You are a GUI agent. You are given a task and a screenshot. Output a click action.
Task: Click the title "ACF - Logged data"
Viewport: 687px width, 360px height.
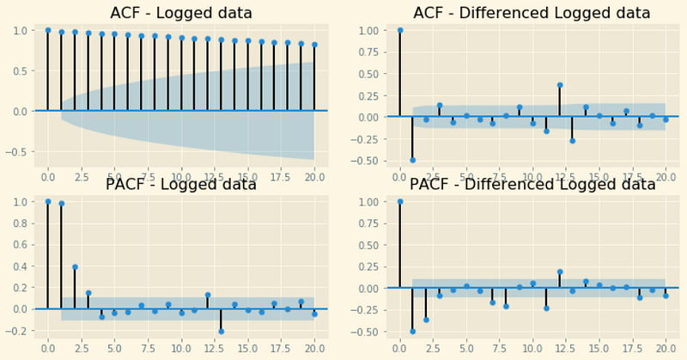[181, 13]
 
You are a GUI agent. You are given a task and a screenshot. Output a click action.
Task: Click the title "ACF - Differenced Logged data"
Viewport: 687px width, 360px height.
[532, 13]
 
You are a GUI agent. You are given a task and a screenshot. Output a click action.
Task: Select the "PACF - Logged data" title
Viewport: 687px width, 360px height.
[181, 184]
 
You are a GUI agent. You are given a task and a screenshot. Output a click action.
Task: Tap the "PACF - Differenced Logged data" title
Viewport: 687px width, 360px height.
[532, 184]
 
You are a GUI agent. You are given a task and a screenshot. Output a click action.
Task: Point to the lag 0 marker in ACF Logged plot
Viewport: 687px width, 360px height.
[48, 30]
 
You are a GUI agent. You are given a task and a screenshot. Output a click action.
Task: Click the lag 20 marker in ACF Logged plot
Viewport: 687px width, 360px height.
[314, 45]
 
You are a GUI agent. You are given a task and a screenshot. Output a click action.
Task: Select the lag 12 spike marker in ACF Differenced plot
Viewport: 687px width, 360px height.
[560, 85]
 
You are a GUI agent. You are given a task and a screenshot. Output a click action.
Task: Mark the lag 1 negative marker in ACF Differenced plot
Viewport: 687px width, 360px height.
[413, 160]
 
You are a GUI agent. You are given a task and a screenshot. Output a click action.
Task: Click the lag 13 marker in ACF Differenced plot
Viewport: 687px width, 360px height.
[572, 141]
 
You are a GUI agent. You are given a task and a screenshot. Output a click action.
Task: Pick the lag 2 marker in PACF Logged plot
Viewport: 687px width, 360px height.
[75, 267]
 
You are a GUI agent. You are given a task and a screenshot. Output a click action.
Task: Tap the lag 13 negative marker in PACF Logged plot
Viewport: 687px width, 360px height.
[222, 332]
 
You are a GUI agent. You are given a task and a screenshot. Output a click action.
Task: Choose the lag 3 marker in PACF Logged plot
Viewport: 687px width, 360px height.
[88, 293]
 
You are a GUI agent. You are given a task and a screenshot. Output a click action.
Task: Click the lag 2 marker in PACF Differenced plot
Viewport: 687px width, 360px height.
[426, 320]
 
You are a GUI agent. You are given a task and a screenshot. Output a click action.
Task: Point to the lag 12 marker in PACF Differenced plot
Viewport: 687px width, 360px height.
[560, 272]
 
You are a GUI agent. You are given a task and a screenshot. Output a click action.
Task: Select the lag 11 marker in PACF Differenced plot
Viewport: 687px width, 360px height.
[546, 308]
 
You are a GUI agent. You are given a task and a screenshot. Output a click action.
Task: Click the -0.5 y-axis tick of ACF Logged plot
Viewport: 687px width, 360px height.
[17, 152]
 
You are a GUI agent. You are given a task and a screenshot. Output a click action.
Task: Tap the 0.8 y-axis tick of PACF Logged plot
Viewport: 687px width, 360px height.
[21, 223]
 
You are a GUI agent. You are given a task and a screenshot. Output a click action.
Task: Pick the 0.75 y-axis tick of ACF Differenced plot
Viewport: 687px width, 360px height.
[370, 52]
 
